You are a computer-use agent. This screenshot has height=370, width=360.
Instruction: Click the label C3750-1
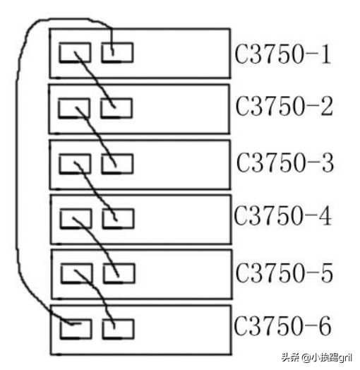click(x=283, y=54)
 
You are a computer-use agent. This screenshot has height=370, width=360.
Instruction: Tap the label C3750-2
click(x=284, y=106)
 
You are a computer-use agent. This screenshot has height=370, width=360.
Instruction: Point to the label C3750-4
click(x=282, y=216)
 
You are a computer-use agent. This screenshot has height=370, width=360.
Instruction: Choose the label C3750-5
click(x=284, y=273)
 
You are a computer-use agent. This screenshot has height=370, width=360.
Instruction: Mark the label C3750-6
click(x=282, y=326)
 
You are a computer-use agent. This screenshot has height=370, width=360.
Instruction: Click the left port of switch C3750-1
click(x=75, y=53)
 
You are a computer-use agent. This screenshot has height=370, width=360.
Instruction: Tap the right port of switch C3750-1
click(x=117, y=53)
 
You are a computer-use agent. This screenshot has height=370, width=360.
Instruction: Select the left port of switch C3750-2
click(x=74, y=108)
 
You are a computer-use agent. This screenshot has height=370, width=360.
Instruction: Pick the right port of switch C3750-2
click(x=116, y=108)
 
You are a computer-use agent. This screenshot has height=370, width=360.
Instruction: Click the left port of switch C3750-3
click(x=75, y=164)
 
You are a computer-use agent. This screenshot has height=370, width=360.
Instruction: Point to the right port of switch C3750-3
click(x=117, y=164)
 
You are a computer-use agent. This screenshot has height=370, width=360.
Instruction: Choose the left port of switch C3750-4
click(x=76, y=218)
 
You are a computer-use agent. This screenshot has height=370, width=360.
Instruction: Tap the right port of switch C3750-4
click(x=118, y=218)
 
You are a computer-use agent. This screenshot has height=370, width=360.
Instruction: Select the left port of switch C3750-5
click(x=77, y=273)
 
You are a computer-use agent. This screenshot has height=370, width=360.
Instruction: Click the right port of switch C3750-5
click(x=119, y=273)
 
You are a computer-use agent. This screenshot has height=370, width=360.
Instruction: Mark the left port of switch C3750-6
click(x=76, y=329)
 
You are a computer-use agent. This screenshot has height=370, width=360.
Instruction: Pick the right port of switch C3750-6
click(x=118, y=329)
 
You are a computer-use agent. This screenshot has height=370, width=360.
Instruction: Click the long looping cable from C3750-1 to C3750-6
click(x=16, y=165)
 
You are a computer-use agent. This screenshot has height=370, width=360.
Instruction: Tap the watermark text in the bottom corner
click(x=317, y=357)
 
